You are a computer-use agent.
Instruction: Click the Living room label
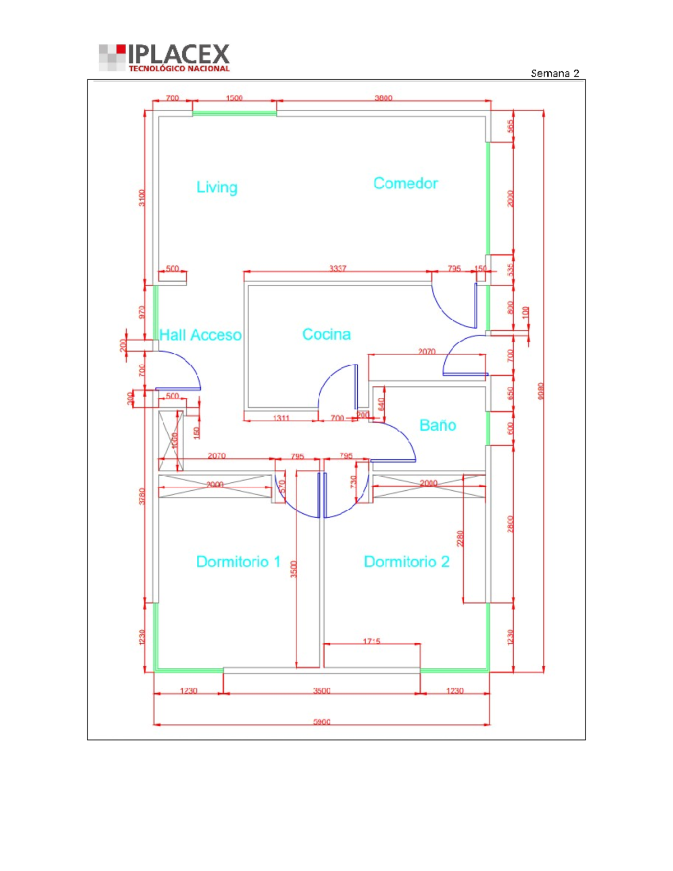tap(216, 187)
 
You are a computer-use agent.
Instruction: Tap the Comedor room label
tap(405, 183)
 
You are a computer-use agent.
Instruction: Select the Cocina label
tap(326, 334)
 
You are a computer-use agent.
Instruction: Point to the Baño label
tap(437, 425)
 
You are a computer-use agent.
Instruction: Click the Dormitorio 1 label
tap(238, 561)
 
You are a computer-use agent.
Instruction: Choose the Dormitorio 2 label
tap(407, 561)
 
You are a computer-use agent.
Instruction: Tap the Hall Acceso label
tap(200, 335)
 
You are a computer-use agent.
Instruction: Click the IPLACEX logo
tap(164, 58)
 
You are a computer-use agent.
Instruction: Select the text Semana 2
tap(554, 73)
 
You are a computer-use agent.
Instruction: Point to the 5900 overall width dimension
tap(321, 722)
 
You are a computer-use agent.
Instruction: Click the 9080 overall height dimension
tap(541, 391)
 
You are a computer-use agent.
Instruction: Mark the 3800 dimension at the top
tap(384, 98)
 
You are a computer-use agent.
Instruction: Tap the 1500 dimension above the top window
tap(234, 98)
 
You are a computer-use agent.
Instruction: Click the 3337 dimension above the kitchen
tap(338, 269)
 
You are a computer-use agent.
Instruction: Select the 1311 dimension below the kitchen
tap(281, 418)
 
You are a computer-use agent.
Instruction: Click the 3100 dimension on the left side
tap(142, 197)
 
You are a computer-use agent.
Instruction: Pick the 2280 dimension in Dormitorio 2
tap(460, 538)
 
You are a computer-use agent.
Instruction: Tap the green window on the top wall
tap(234, 113)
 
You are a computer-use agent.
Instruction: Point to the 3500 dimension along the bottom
tap(321, 690)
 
